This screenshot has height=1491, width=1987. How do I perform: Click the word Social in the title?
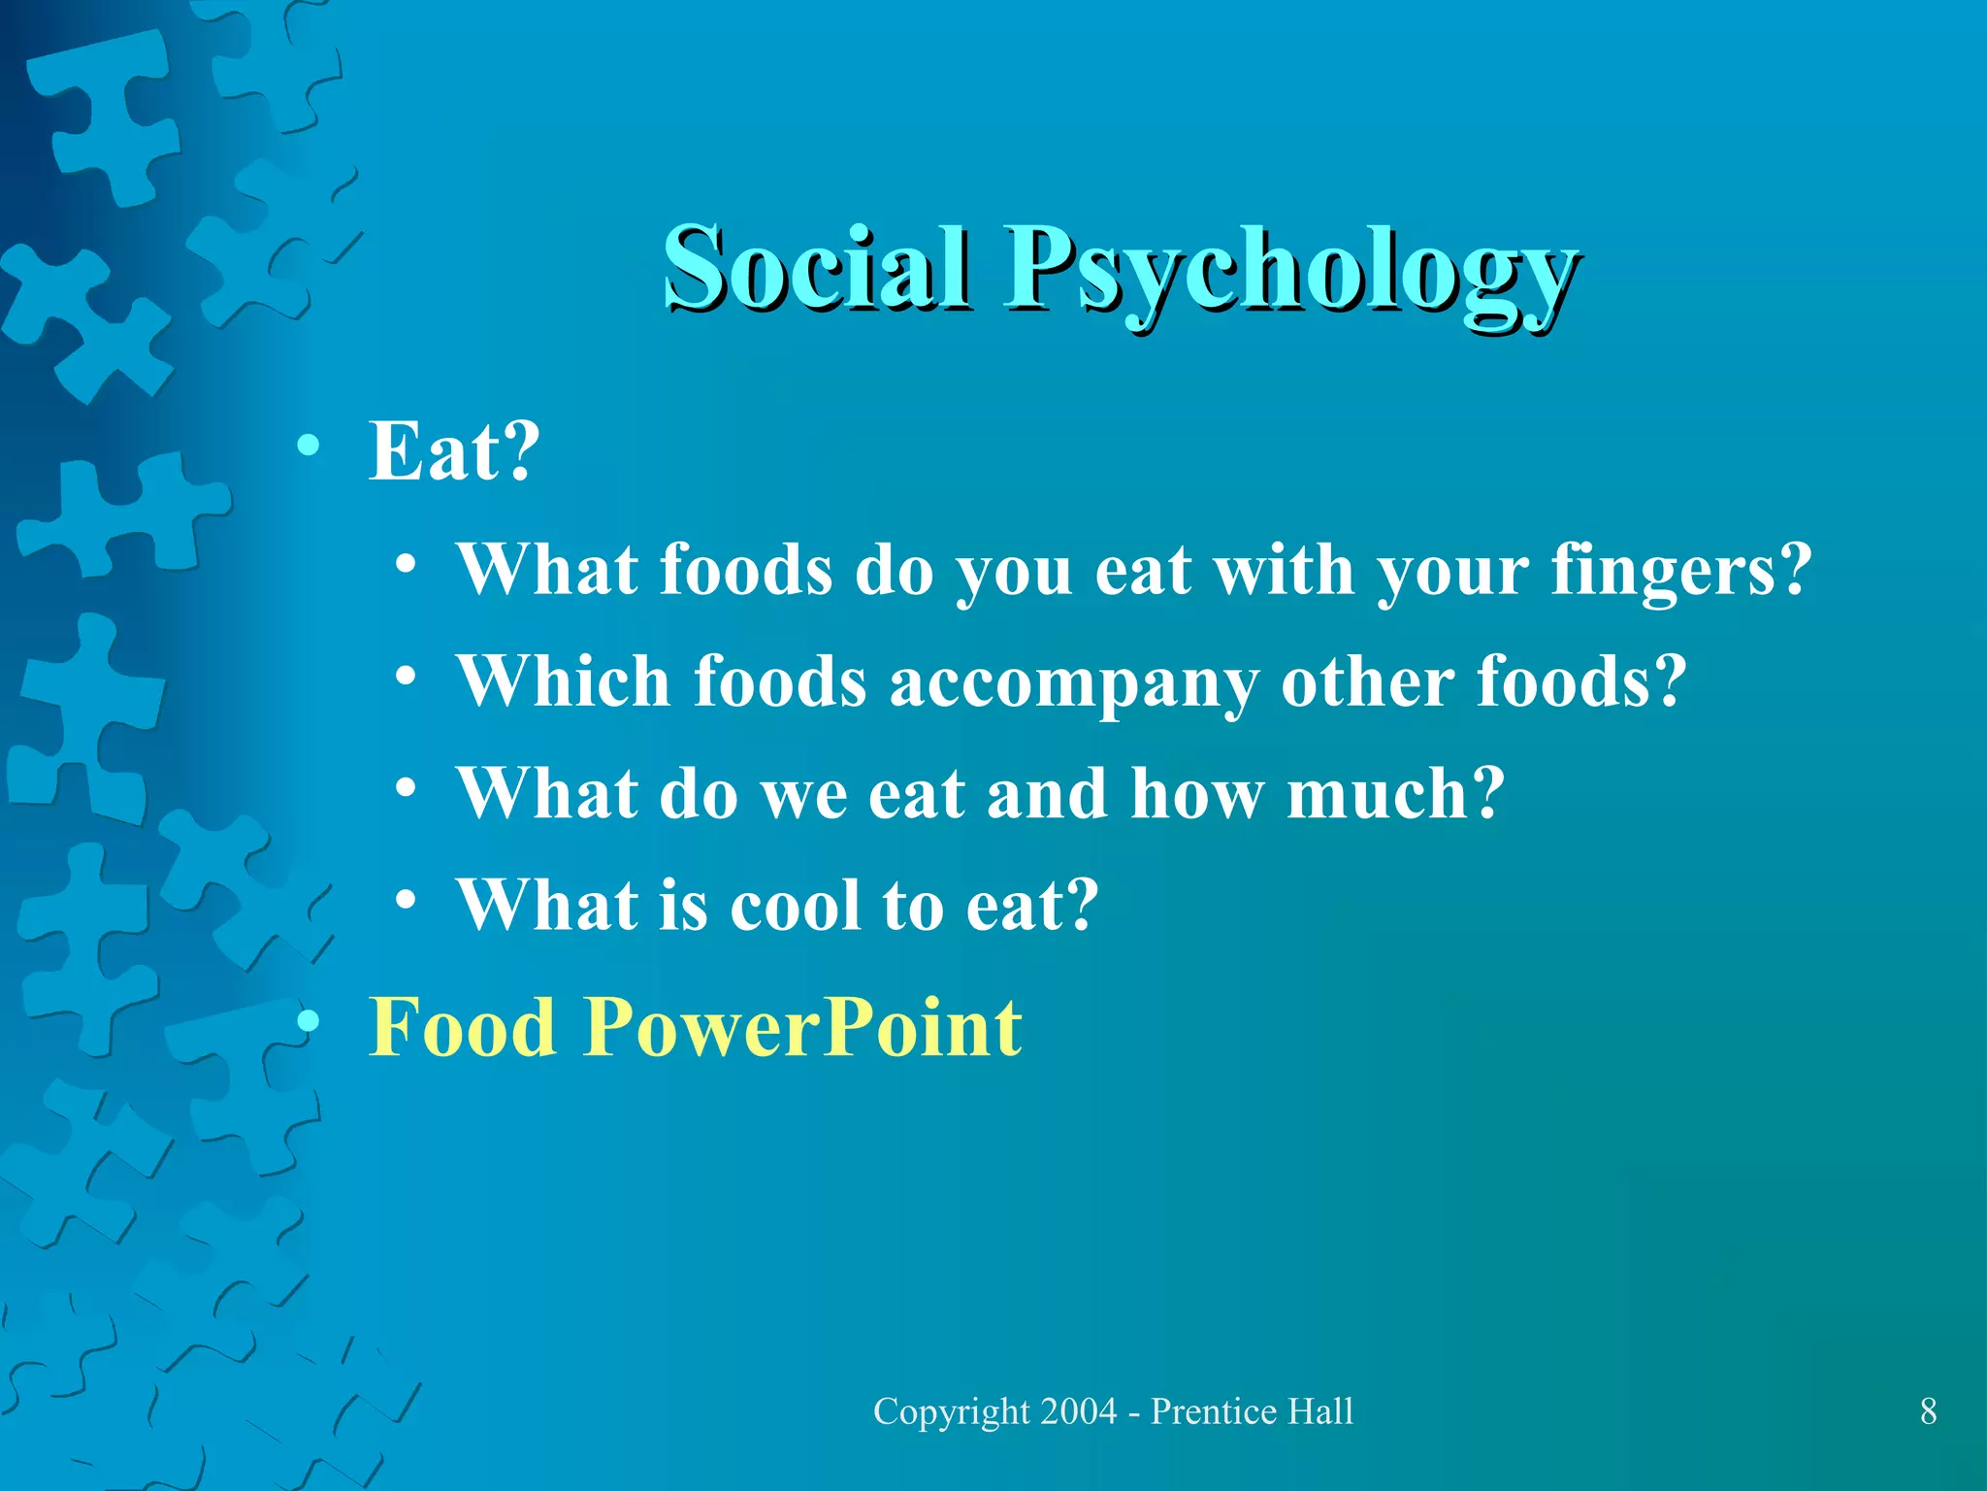tap(815, 267)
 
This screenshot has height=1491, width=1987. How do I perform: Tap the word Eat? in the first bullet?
tap(453, 451)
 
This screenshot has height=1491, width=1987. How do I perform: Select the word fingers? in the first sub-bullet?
tap(1680, 571)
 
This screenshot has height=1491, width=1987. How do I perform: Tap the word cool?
tap(794, 907)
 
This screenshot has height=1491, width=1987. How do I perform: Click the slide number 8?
tap(1928, 1411)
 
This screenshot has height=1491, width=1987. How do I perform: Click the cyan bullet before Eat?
tap(309, 447)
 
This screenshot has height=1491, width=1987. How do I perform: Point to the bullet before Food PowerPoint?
tap(309, 1021)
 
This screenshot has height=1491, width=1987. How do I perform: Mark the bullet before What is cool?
tap(406, 900)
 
